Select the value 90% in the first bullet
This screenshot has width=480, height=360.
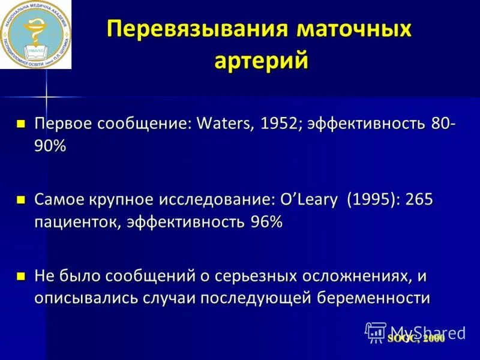pyautogui.click(x=50, y=146)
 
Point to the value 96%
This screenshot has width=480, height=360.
pyautogui.click(x=263, y=222)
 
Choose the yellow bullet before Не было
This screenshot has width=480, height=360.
pyautogui.click(x=21, y=277)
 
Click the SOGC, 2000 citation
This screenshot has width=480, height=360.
pyautogui.click(x=416, y=339)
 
